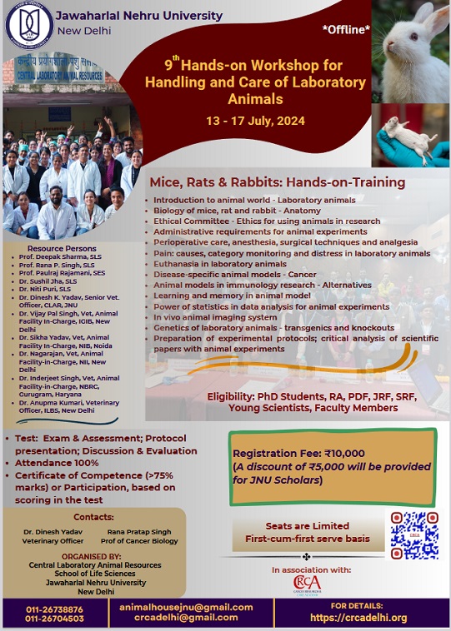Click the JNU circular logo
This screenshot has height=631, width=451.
point(27,27)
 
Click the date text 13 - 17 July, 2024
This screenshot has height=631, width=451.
point(255,121)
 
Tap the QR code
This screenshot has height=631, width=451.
point(414,534)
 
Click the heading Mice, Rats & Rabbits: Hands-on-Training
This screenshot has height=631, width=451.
point(277,182)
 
